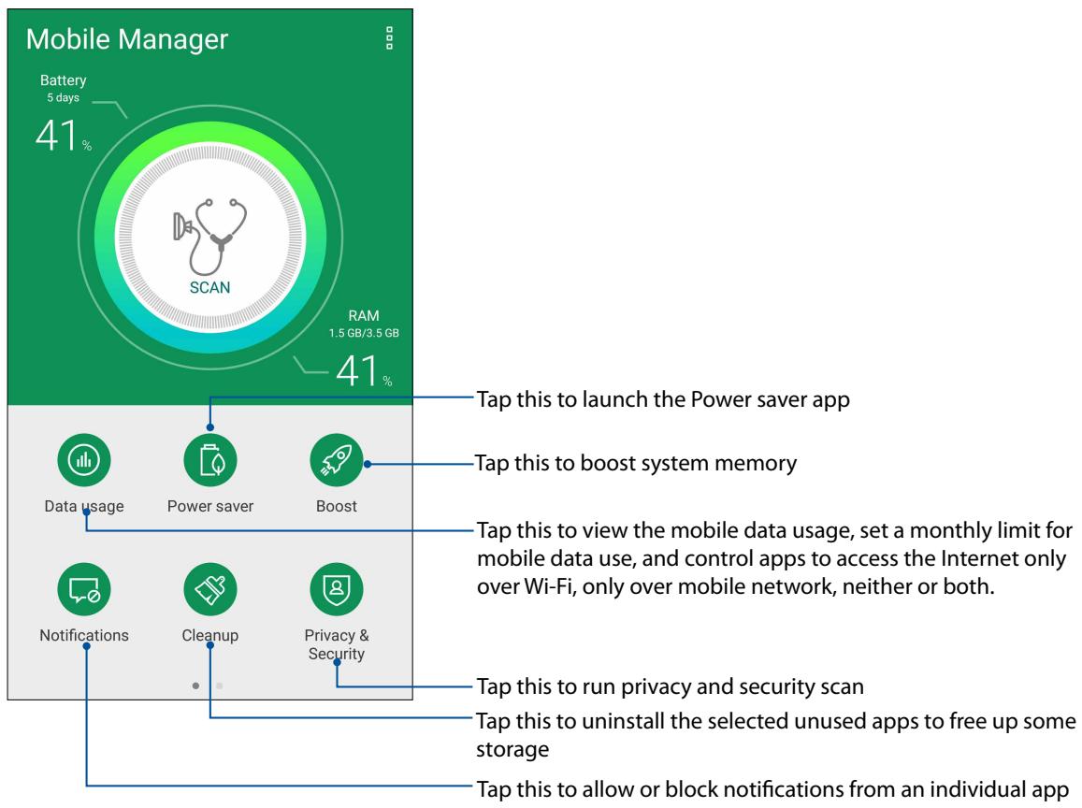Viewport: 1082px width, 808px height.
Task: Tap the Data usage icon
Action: point(84,460)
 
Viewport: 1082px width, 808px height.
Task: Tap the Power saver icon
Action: point(210,460)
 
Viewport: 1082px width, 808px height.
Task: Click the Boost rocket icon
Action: point(336,460)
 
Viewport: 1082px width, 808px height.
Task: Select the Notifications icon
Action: point(84,588)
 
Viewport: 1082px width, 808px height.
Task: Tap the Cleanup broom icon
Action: point(210,588)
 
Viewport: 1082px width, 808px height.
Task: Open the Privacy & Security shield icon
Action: point(336,588)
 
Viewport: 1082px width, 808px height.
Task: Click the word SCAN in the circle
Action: point(209,286)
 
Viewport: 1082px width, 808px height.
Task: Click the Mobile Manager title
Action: point(127,39)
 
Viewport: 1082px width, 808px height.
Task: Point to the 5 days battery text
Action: point(63,99)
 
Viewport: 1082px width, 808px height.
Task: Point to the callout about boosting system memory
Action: point(636,463)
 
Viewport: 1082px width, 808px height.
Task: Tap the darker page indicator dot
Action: point(195,685)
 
